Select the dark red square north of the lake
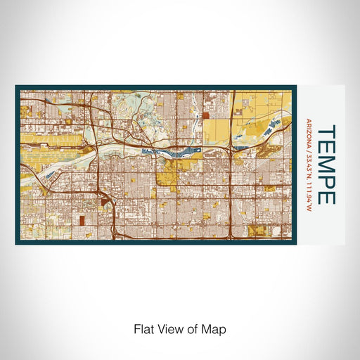click(205, 115)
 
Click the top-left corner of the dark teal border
click(16, 87)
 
